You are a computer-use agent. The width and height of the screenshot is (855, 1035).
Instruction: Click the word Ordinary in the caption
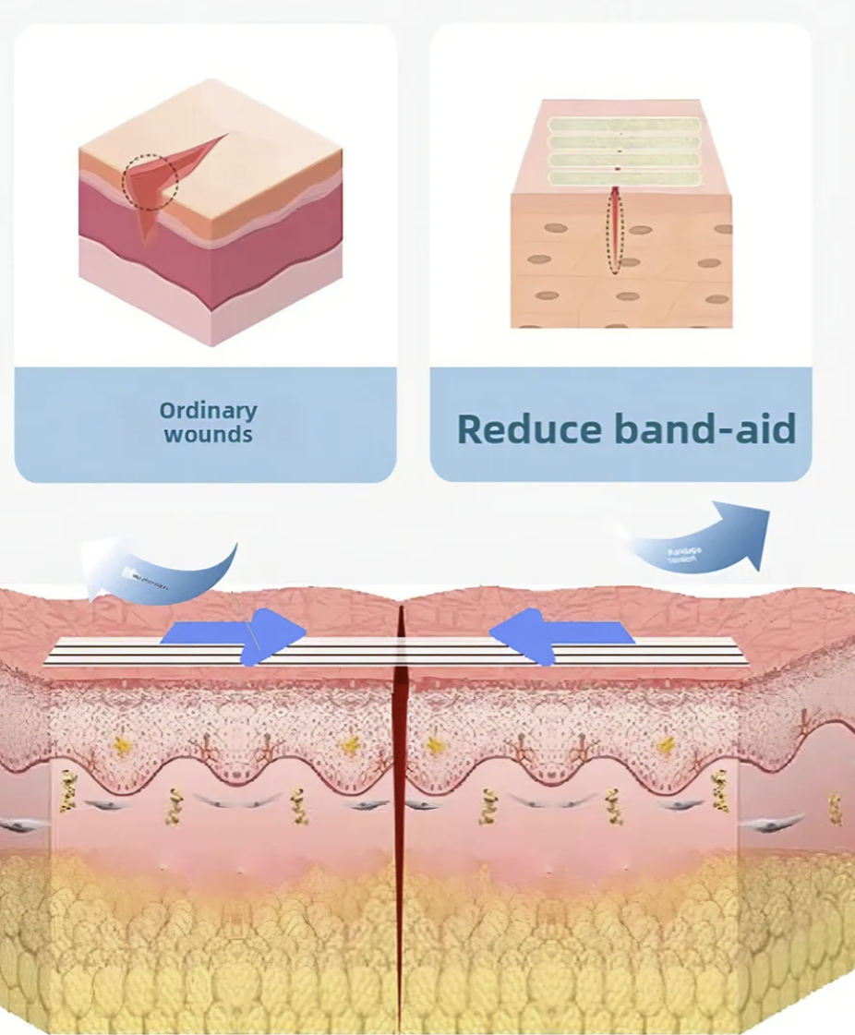tap(208, 410)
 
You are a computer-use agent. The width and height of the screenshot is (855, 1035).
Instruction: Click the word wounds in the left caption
tap(208, 434)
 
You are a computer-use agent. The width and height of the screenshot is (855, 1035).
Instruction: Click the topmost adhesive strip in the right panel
tap(624, 124)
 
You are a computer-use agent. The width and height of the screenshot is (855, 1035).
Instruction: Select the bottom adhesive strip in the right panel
tap(624, 178)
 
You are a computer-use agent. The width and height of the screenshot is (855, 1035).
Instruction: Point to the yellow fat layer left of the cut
tap(203, 951)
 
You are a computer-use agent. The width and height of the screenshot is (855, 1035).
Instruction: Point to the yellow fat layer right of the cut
tap(600, 951)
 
